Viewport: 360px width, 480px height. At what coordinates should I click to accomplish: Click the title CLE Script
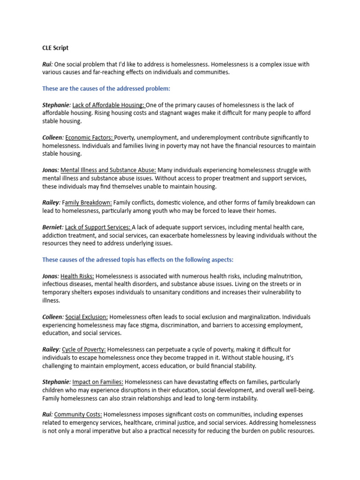55,48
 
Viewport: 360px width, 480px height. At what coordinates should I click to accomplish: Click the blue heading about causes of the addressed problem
106,89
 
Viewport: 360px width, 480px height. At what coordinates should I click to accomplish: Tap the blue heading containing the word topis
138,260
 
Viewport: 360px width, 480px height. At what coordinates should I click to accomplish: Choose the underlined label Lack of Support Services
98,227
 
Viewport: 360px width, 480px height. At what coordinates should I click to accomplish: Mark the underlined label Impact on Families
98,382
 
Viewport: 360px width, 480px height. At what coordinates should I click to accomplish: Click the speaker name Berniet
52,227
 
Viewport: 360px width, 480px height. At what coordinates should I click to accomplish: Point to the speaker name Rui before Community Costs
47,414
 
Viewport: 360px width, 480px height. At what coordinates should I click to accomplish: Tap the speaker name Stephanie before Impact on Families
56,382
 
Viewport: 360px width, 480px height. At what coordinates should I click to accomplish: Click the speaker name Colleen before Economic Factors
52,137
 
